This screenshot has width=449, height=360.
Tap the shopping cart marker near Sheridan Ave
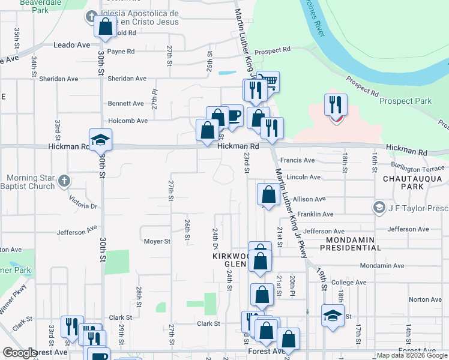tap(268, 82)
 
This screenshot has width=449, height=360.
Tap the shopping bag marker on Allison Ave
tap(268, 194)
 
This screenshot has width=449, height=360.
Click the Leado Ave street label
tap(71, 45)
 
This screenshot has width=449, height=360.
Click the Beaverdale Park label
tap(41, 7)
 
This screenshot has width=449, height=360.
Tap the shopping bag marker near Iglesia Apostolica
tap(106, 27)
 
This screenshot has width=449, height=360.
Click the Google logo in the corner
tap(20, 353)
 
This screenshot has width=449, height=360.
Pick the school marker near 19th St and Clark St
tap(332, 315)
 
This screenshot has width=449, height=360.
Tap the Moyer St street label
tap(157, 241)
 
